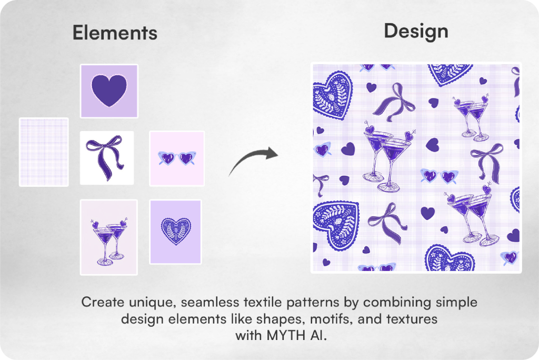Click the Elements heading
(115, 33)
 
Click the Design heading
(416, 32)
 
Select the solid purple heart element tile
(109, 91)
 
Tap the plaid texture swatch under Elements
(44, 152)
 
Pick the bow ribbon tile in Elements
(107, 158)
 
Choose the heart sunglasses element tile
(177, 158)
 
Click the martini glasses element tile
(108, 237)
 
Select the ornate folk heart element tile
(175, 232)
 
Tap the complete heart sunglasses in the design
(440, 176)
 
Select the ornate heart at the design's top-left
(333, 95)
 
